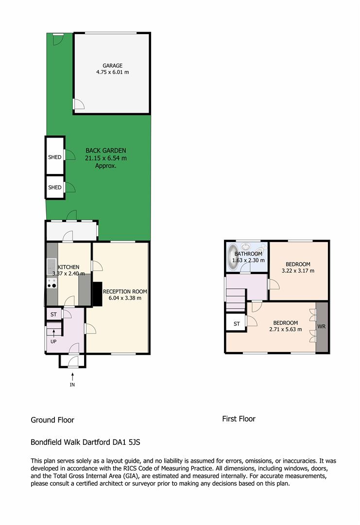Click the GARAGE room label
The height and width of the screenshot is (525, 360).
(112, 66)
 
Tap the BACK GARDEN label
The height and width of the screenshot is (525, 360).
(106, 151)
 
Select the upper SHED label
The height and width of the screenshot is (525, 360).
(55, 157)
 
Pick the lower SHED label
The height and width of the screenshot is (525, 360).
(55, 187)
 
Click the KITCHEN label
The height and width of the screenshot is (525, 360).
(69, 267)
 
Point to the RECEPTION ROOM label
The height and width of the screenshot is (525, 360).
(125, 292)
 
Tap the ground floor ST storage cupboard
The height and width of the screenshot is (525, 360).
(54, 315)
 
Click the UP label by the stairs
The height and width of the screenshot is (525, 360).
(53, 342)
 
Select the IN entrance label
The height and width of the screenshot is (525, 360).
(72, 385)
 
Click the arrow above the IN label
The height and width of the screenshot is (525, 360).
(72, 376)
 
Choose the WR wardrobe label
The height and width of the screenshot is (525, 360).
(322, 326)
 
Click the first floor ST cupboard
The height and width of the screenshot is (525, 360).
(236, 323)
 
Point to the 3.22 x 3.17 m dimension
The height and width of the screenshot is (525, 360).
(298, 271)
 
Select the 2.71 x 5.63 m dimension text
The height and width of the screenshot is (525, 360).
(285, 329)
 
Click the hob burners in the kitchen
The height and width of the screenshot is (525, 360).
(52, 283)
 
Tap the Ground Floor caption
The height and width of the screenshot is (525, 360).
(52, 420)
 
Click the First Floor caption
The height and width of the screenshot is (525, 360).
(239, 419)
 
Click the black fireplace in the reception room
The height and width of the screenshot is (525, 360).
(97, 294)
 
